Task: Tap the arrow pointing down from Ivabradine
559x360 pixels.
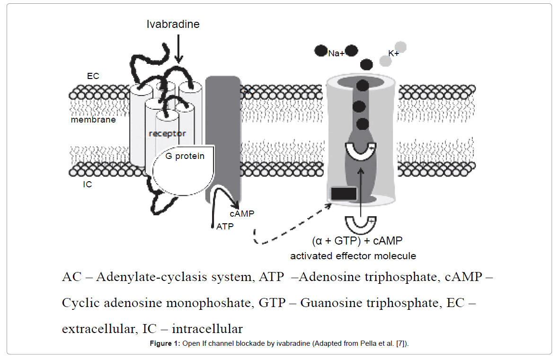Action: point(178,47)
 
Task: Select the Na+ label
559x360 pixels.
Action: point(336,53)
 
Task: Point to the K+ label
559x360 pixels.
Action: point(393,53)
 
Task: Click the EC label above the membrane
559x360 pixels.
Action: point(93,76)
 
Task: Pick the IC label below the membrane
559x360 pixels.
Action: point(87,184)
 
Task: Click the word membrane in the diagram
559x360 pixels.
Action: point(93,120)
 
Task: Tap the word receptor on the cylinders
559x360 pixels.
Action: point(167,133)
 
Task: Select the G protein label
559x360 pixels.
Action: point(185,156)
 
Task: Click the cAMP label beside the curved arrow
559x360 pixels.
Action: point(241,214)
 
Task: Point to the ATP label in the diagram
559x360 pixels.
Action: point(225,227)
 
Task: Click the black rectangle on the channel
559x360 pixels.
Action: point(344,193)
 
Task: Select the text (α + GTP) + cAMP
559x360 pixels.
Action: point(357,241)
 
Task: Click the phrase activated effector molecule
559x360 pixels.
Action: point(353,256)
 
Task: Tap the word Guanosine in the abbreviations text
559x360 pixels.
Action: point(332,303)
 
